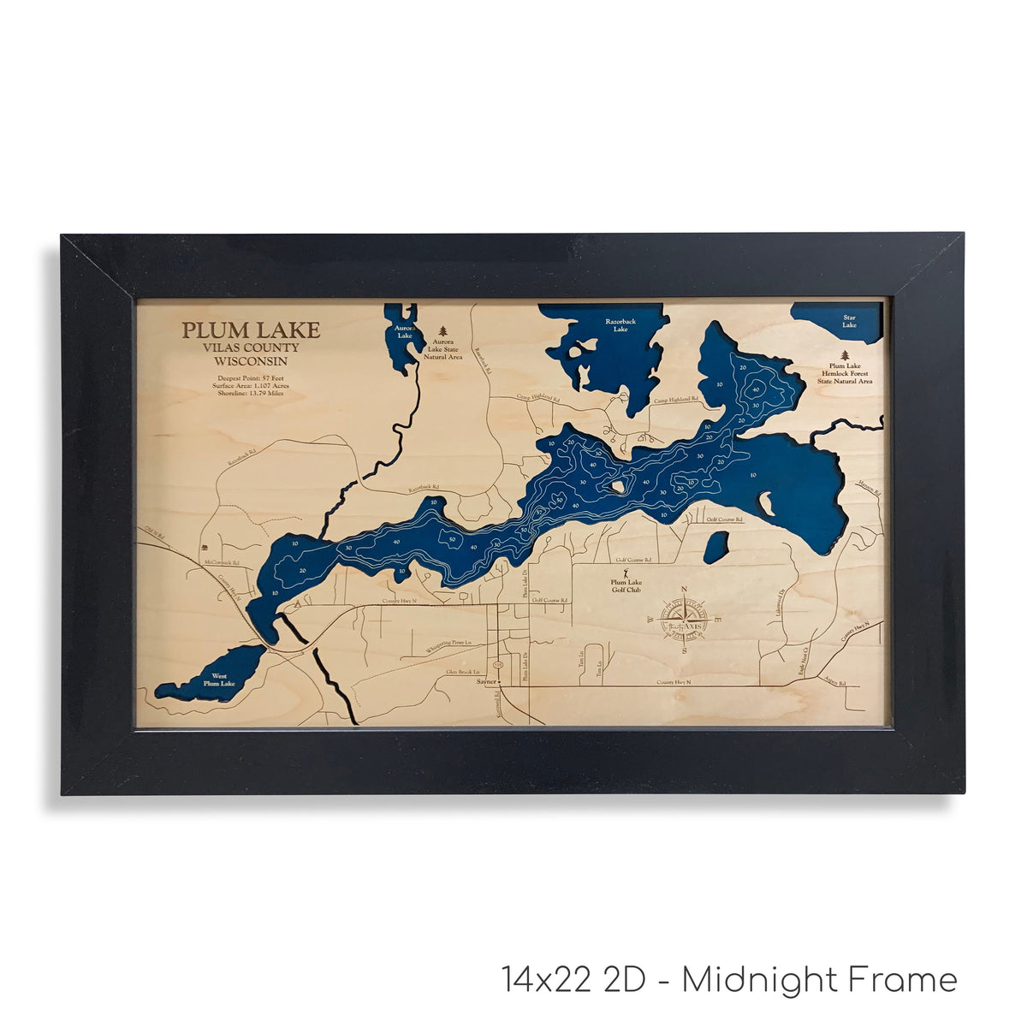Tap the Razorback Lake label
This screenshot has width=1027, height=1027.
(616, 325)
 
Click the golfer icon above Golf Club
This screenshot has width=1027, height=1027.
(626, 570)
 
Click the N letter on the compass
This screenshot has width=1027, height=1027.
(684, 590)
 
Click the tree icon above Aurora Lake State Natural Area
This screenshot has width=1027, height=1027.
(443, 330)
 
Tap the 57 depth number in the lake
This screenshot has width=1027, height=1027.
(539, 512)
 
